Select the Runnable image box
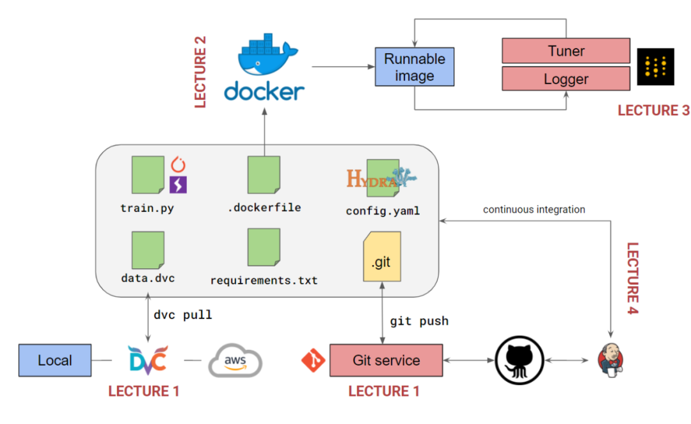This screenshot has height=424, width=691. [414, 67]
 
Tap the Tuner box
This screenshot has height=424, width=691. [566, 51]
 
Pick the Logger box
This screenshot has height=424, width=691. [566, 79]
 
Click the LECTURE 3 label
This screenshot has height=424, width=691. [653, 111]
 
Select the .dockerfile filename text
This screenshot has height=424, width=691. [264, 207]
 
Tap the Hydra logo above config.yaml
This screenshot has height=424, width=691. [381, 177]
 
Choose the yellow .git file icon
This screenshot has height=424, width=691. [382, 257]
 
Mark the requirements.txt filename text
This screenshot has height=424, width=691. [264, 281]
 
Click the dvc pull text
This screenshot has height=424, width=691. [182, 315]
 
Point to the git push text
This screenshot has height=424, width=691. [419, 321]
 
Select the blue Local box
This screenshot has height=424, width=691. [55, 361]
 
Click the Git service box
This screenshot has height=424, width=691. [386, 361]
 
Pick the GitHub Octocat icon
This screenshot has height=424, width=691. [519, 361]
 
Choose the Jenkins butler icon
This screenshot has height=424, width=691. [611, 361]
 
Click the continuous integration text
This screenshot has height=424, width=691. [534, 209]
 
